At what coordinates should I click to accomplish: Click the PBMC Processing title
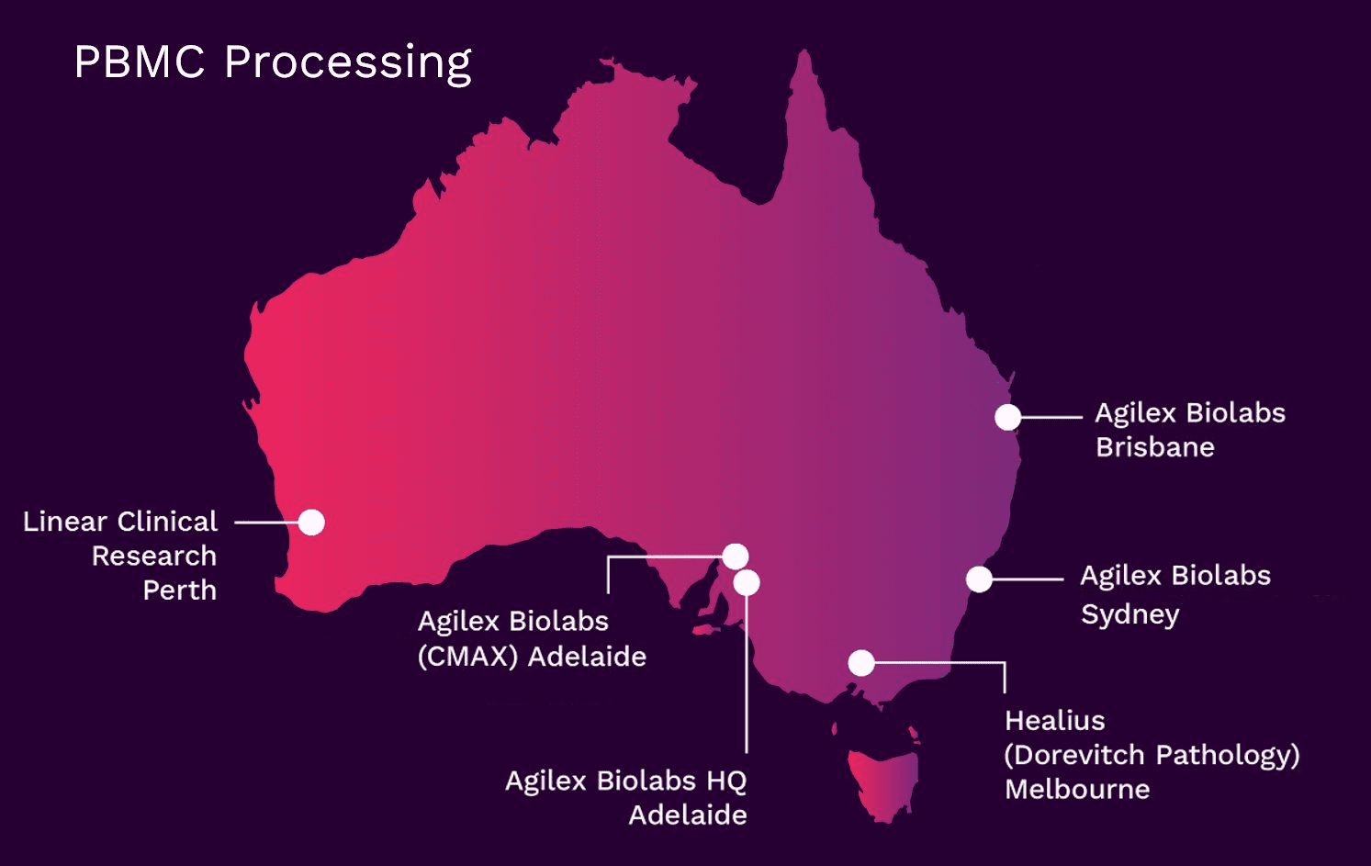coord(273,63)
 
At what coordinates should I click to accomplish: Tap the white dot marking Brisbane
coord(1007,418)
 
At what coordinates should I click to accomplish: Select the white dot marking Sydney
coord(979,579)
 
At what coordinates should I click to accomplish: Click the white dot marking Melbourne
coord(861,663)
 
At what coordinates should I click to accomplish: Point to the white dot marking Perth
coord(311,523)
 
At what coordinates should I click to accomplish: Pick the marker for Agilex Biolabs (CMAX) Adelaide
coord(735,557)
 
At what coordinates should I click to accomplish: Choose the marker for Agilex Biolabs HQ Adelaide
coord(747,582)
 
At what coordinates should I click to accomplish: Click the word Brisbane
coord(1155,447)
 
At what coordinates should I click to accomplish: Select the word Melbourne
coord(1077,790)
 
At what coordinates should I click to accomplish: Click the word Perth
coord(180,590)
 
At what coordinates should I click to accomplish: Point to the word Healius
coord(1055,721)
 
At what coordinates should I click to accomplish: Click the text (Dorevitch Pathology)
coord(1152,756)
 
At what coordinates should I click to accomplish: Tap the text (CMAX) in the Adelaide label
coord(468,657)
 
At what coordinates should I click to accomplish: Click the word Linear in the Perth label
coord(65,522)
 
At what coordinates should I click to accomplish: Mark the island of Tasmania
coord(882,786)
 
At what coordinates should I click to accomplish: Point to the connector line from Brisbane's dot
coord(1051,418)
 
